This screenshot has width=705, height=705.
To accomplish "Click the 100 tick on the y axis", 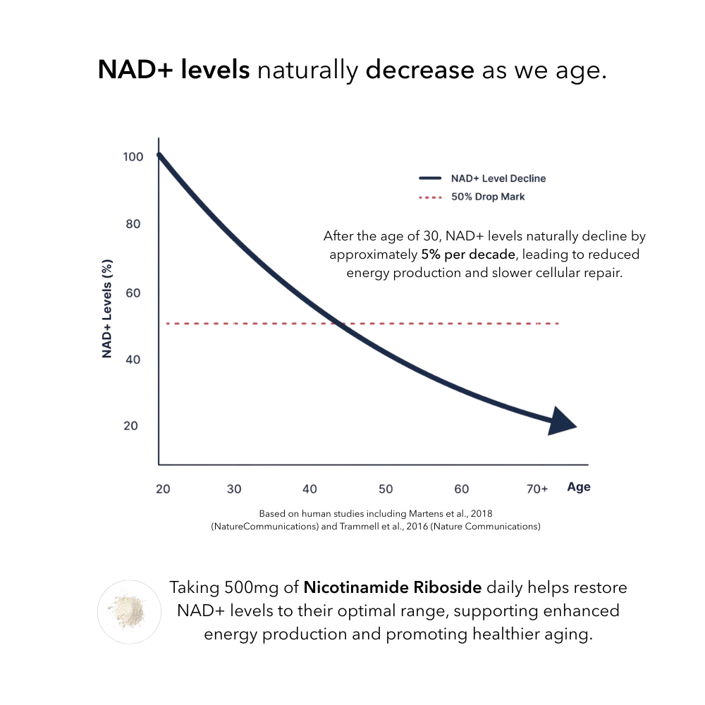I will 133,157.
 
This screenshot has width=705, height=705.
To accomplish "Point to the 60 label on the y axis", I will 133,293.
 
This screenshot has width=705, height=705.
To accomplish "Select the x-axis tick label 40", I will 309,489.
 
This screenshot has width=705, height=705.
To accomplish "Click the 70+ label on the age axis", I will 537,489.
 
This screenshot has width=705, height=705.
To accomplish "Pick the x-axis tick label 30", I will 234,489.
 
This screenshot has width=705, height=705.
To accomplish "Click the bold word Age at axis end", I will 578,487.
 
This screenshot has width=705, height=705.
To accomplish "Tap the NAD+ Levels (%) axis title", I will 107,308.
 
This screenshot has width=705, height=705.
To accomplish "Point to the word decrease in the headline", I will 419,70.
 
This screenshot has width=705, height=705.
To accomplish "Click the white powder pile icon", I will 129,611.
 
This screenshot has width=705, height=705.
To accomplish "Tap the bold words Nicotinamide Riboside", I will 393,587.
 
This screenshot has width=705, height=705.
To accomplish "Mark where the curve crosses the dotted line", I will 336,324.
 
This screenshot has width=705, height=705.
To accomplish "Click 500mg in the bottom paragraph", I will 259,587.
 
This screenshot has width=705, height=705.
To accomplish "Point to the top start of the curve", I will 159,155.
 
